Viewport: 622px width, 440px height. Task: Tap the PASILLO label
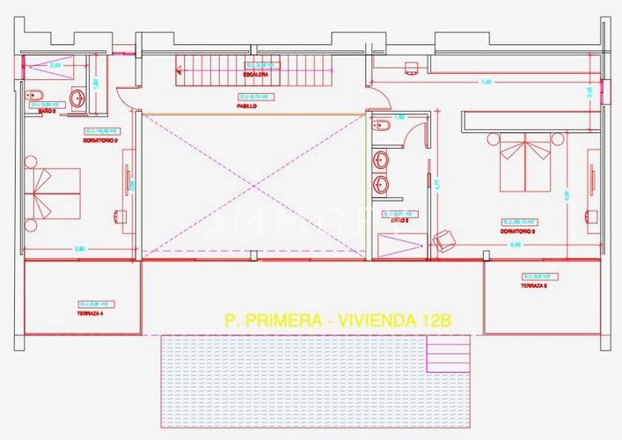pyautogui.click(x=246, y=106)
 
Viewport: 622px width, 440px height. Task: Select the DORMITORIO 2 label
pyautogui.click(x=52, y=141)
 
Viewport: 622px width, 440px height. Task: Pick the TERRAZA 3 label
pyautogui.click(x=533, y=286)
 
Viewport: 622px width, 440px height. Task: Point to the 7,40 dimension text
pyautogui.click(x=486, y=82)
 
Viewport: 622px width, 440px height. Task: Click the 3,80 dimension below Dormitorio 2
pyautogui.click(x=80, y=250)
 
